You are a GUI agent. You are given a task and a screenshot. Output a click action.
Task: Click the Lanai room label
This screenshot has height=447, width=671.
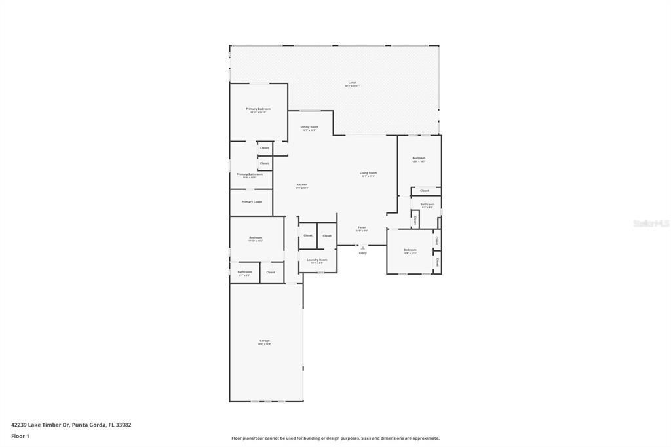coord(352,83)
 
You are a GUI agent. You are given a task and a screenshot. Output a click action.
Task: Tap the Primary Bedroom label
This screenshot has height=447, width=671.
coord(258,109)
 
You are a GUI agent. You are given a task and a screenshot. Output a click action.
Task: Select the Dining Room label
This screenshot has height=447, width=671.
coord(309,127)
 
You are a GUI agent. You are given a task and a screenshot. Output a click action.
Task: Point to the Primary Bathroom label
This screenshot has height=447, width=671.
coord(250,174)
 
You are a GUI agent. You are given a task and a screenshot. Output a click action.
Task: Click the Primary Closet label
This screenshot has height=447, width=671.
coord(252,202)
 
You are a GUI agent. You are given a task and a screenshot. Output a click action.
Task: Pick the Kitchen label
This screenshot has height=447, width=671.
coord(302,185)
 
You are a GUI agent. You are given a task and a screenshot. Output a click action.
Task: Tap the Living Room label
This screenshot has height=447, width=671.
coord(368,173)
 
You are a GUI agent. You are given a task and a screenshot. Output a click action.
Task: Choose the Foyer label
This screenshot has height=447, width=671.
coord(362,227)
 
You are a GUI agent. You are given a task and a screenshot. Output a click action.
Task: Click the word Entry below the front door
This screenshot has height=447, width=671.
coord(362,253)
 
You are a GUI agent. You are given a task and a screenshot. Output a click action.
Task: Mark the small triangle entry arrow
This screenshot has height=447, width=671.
coord(362,248)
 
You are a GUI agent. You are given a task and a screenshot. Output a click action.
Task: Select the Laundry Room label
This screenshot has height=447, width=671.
coord(317,260)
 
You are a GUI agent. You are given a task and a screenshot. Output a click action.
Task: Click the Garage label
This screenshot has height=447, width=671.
coord(265,341)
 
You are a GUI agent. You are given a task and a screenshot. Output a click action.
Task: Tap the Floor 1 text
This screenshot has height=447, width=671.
coord(20,436)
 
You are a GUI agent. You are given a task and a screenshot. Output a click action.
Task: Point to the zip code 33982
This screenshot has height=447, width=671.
coord(123,425)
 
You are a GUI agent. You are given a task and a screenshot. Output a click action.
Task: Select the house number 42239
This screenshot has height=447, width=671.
coord(18,425)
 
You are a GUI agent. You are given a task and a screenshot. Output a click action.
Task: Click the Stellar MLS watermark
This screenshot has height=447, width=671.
coord(651,223)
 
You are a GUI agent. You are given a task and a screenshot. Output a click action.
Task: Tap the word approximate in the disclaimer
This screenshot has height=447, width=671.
coord(427,438)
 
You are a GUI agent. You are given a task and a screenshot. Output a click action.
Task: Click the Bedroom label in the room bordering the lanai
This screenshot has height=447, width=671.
coord(419,158)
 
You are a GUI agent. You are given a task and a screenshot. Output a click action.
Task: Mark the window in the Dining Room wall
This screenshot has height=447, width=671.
coord(310,111)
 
